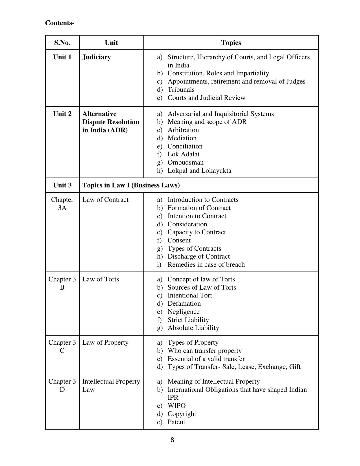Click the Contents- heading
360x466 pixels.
click(x=60, y=23)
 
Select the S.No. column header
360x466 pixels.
click(x=62, y=43)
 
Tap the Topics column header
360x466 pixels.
click(x=231, y=43)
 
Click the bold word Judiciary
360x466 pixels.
click(x=96, y=57)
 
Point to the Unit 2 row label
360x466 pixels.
click(x=62, y=114)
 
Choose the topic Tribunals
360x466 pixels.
click(x=181, y=89)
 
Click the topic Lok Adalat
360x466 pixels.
click(x=183, y=154)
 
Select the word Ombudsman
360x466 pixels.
click(x=185, y=162)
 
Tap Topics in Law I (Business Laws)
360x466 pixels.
click(x=131, y=185)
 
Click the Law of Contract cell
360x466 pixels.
click(x=105, y=200)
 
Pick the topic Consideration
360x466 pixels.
click(x=187, y=224)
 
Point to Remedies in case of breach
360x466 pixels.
click(x=206, y=264)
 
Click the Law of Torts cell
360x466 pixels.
click(x=101, y=279)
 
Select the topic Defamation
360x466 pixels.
click(x=184, y=303)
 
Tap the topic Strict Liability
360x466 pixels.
click(x=188, y=320)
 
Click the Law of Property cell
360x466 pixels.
click(x=105, y=342)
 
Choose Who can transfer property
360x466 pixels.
click(x=204, y=351)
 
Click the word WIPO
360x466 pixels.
click(x=176, y=406)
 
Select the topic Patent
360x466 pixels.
click(x=176, y=422)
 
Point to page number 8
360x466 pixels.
click(x=172, y=440)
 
